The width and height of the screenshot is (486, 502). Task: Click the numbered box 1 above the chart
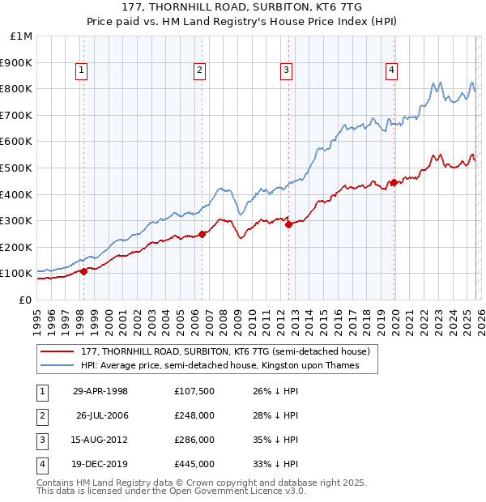tap(83, 71)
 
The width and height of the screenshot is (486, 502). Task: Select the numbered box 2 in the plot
tap(199, 71)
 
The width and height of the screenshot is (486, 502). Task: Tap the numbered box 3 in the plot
tap(287, 71)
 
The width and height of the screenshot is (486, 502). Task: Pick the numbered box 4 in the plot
tap(391, 71)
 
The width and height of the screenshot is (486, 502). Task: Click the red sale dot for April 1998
tap(83, 271)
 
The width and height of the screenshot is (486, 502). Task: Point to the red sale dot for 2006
tap(202, 234)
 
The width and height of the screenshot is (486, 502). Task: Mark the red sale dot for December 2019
tap(394, 182)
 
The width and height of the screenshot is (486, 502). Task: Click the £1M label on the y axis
tap(22, 36)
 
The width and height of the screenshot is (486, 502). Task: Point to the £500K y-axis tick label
tap(18, 168)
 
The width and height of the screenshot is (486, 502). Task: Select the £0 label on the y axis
tap(24, 300)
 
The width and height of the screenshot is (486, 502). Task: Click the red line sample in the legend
tap(57, 351)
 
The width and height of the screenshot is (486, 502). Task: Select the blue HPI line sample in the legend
tap(57, 366)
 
